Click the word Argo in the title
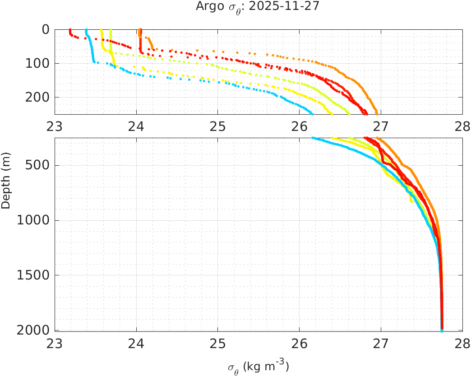point(206,6)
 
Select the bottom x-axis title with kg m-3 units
point(259,367)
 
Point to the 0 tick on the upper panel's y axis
point(45,29)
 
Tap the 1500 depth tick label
point(34,275)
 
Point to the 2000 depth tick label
point(34,330)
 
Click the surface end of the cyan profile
point(86,30)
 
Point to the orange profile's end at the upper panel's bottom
point(377,113)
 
